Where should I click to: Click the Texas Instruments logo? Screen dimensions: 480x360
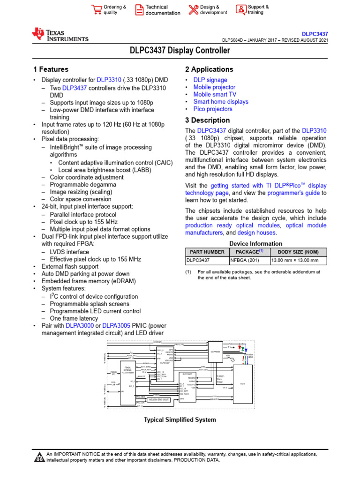click(60, 35)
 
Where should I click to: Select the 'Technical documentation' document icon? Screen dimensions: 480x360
click(139, 10)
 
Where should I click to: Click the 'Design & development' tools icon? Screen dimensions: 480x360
click(193, 10)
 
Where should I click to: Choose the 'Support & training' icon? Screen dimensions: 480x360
click(240, 10)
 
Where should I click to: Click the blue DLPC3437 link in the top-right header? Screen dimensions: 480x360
click(315, 34)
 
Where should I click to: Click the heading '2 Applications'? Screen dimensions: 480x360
click(209, 69)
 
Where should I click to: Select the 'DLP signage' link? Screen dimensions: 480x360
click(210, 80)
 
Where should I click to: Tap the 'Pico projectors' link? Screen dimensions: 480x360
click(213, 109)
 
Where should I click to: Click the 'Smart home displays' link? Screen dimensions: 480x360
click(221, 102)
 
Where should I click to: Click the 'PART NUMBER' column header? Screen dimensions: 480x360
click(207, 252)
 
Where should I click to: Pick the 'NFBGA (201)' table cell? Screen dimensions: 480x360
click(245, 261)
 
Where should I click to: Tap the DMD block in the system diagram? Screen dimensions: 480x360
click(242, 384)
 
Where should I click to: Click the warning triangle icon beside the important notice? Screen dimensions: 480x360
click(39, 457)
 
